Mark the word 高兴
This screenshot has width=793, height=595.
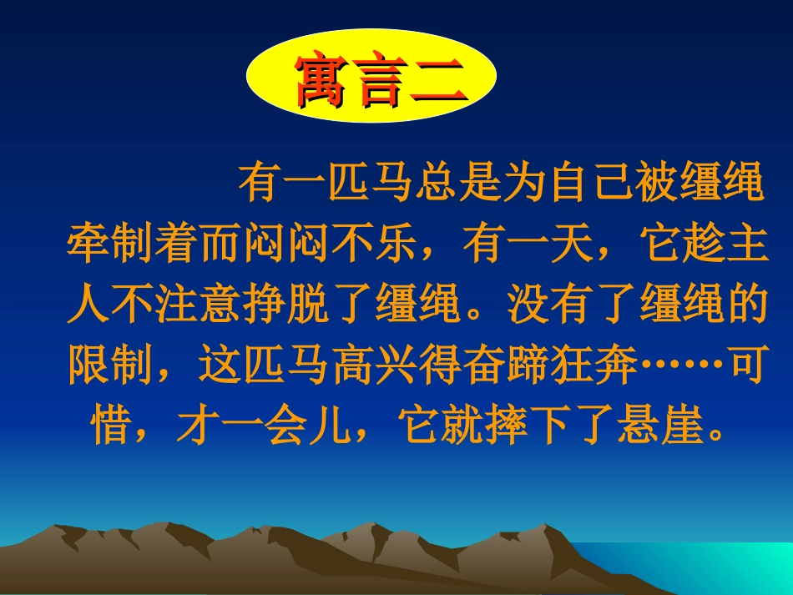[x=371, y=368]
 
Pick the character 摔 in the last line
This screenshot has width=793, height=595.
[x=503, y=430]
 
